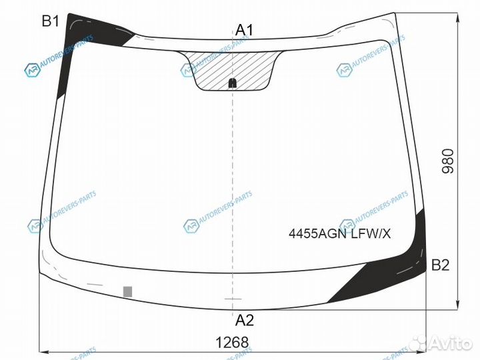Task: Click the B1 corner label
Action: [50, 21]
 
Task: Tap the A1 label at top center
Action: [244, 30]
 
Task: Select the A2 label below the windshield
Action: [245, 320]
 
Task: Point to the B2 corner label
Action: [440, 265]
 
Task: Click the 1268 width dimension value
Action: [232, 342]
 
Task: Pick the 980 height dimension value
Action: [447, 161]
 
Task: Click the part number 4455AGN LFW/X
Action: [339, 234]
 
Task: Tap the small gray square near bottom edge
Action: [127, 292]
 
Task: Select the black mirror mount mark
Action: [233, 83]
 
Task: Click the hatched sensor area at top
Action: [233, 71]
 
